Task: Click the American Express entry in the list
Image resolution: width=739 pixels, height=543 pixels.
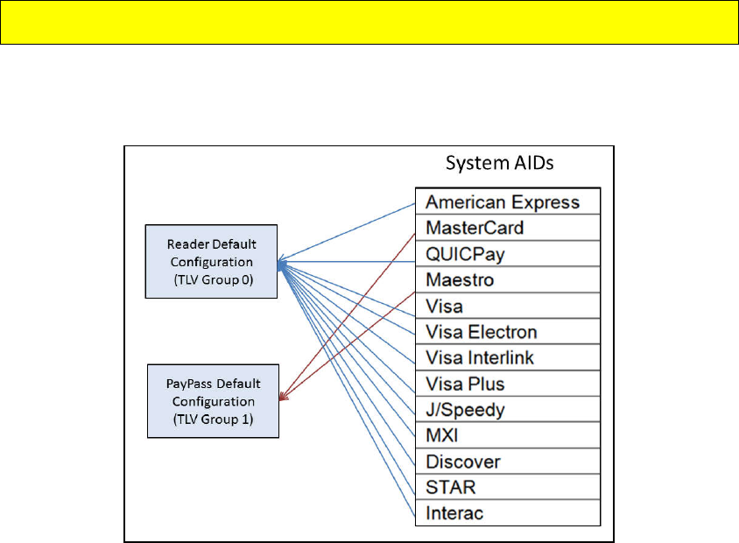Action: click(503, 202)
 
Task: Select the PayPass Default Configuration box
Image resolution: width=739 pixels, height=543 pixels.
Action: click(213, 400)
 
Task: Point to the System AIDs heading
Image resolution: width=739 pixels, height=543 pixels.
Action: click(502, 165)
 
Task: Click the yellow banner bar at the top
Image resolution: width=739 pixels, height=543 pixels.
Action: click(369, 22)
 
